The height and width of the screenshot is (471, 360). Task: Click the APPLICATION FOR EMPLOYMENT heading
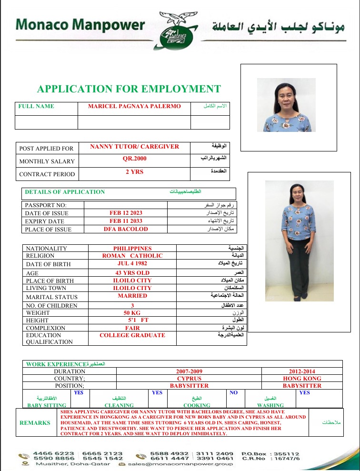(129, 89)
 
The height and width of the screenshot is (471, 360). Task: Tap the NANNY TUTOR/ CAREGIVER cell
(134, 147)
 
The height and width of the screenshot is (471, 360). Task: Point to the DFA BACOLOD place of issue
(126, 229)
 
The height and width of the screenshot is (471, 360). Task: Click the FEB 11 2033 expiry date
(126, 221)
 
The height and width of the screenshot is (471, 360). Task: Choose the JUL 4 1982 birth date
(132, 263)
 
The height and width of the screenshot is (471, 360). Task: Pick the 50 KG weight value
(132, 312)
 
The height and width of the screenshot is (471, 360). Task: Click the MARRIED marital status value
(132, 296)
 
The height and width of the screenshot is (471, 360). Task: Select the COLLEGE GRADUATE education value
(132, 335)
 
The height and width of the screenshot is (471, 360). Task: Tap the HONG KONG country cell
(302, 378)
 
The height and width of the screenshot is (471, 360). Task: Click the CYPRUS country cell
(189, 378)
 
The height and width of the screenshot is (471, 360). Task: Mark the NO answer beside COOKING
(233, 393)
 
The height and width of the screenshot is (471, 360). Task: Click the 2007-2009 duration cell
(189, 371)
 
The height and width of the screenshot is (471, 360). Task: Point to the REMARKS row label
(35, 422)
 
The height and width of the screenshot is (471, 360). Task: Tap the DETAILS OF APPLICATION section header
(65, 192)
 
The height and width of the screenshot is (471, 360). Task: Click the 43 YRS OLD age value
(132, 273)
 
